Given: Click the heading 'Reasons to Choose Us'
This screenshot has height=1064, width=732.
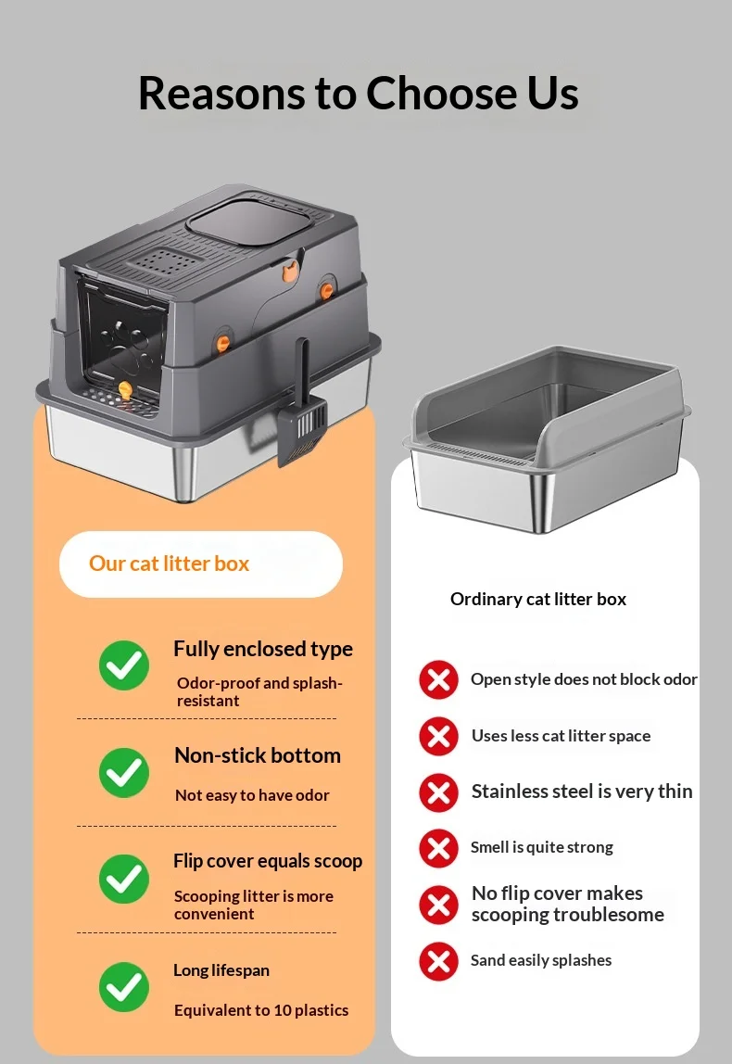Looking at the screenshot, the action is tap(359, 93).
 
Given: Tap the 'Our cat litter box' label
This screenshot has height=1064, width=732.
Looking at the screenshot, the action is tap(169, 564).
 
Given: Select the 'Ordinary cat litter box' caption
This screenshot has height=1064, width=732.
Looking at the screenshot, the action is tap(538, 599).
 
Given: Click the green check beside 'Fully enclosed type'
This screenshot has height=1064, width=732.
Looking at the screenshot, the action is tap(124, 665).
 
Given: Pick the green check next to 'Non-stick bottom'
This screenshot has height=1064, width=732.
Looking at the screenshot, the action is tap(124, 772).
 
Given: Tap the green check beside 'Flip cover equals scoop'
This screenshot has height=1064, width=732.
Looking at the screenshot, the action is tap(124, 879).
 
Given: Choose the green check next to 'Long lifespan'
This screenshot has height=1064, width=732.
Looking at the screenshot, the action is tap(124, 987).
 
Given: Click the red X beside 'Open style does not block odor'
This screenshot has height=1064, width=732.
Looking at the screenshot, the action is tap(439, 679).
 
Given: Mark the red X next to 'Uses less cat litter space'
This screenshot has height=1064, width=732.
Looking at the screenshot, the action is tap(439, 736).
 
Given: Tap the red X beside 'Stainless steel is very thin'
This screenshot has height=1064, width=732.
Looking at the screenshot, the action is tap(439, 792).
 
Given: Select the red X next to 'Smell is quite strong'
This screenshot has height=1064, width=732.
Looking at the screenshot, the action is tap(439, 848).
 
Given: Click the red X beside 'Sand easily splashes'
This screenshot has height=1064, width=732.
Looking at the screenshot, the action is tap(439, 961).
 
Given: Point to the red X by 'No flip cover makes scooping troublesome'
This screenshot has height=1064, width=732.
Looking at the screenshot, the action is tap(439, 905).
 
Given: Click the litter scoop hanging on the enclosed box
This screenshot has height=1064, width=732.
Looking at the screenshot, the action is tap(303, 414).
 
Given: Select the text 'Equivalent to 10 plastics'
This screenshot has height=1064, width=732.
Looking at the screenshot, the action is tap(261, 1010).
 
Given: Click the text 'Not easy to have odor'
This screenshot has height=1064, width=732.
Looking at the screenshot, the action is tap(252, 795).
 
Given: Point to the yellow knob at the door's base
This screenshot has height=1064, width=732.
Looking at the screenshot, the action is tap(125, 390).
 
